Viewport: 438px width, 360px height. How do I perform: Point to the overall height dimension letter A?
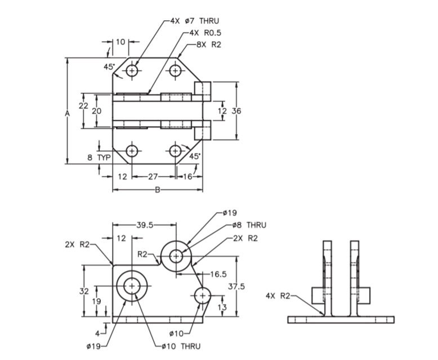pyautogui.click(x=67, y=113)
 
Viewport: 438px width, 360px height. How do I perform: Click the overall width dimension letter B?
pyautogui.click(x=158, y=190)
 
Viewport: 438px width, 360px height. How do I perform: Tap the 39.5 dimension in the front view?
pyautogui.click(x=145, y=225)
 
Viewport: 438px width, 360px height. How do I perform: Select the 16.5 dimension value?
pyautogui.click(x=218, y=274)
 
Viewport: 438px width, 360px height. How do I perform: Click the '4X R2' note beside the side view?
pyautogui.click(x=278, y=295)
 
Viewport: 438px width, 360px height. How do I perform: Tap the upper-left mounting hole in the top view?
pyautogui.click(x=132, y=70)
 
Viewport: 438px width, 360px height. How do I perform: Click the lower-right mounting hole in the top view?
pyautogui.click(x=176, y=151)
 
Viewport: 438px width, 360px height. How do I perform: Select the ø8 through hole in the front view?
pyautogui.click(x=176, y=256)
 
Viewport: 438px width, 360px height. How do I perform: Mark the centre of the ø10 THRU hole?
pyautogui.click(x=132, y=286)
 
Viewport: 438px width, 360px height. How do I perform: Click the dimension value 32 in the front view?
pyautogui.click(x=83, y=291)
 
